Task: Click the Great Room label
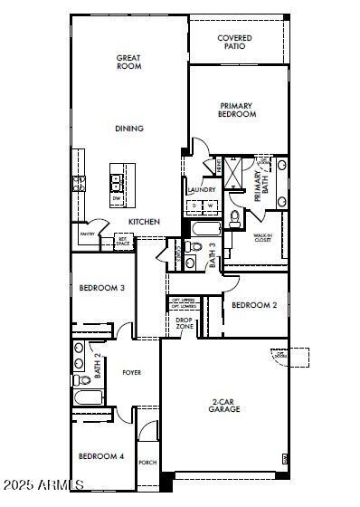pyautogui.click(x=128, y=62)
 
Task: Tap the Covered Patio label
pyautogui.click(x=234, y=42)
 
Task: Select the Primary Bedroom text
pyautogui.click(x=237, y=110)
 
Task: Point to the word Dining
pyautogui.click(x=128, y=129)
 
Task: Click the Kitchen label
pyautogui.click(x=144, y=222)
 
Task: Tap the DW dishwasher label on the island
pyautogui.click(x=117, y=197)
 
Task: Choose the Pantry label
pyautogui.click(x=87, y=234)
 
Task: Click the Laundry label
pyautogui.click(x=201, y=190)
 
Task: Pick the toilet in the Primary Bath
pyautogui.click(x=234, y=217)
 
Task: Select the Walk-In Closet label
pyautogui.click(x=262, y=239)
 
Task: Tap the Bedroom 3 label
pyautogui.click(x=101, y=288)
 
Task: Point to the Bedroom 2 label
pyautogui.click(x=253, y=305)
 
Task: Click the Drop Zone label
pyautogui.click(x=184, y=321)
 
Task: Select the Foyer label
pyautogui.click(x=132, y=372)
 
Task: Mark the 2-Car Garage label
pyautogui.click(x=224, y=405)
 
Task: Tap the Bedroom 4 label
pyautogui.click(x=100, y=456)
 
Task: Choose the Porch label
pyautogui.click(x=147, y=462)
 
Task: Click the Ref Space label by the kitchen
pyautogui.click(x=122, y=243)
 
